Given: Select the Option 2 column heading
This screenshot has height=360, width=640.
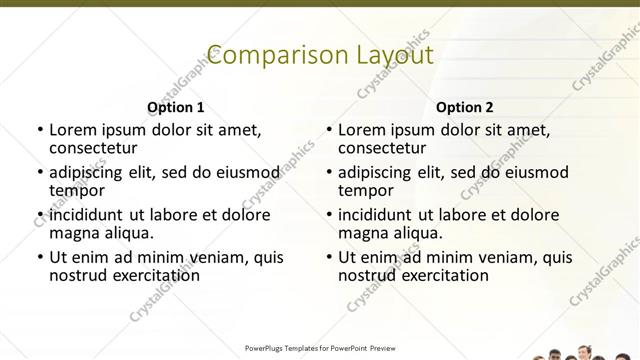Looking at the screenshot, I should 464,107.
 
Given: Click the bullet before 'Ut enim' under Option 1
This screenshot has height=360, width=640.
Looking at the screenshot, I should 39,258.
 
